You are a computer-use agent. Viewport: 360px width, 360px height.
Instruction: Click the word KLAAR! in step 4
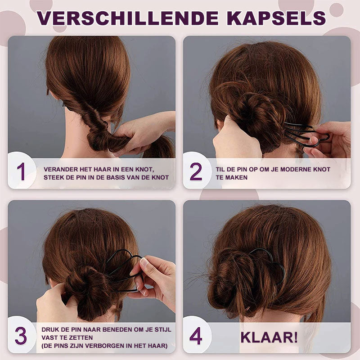(x=269, y=337)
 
